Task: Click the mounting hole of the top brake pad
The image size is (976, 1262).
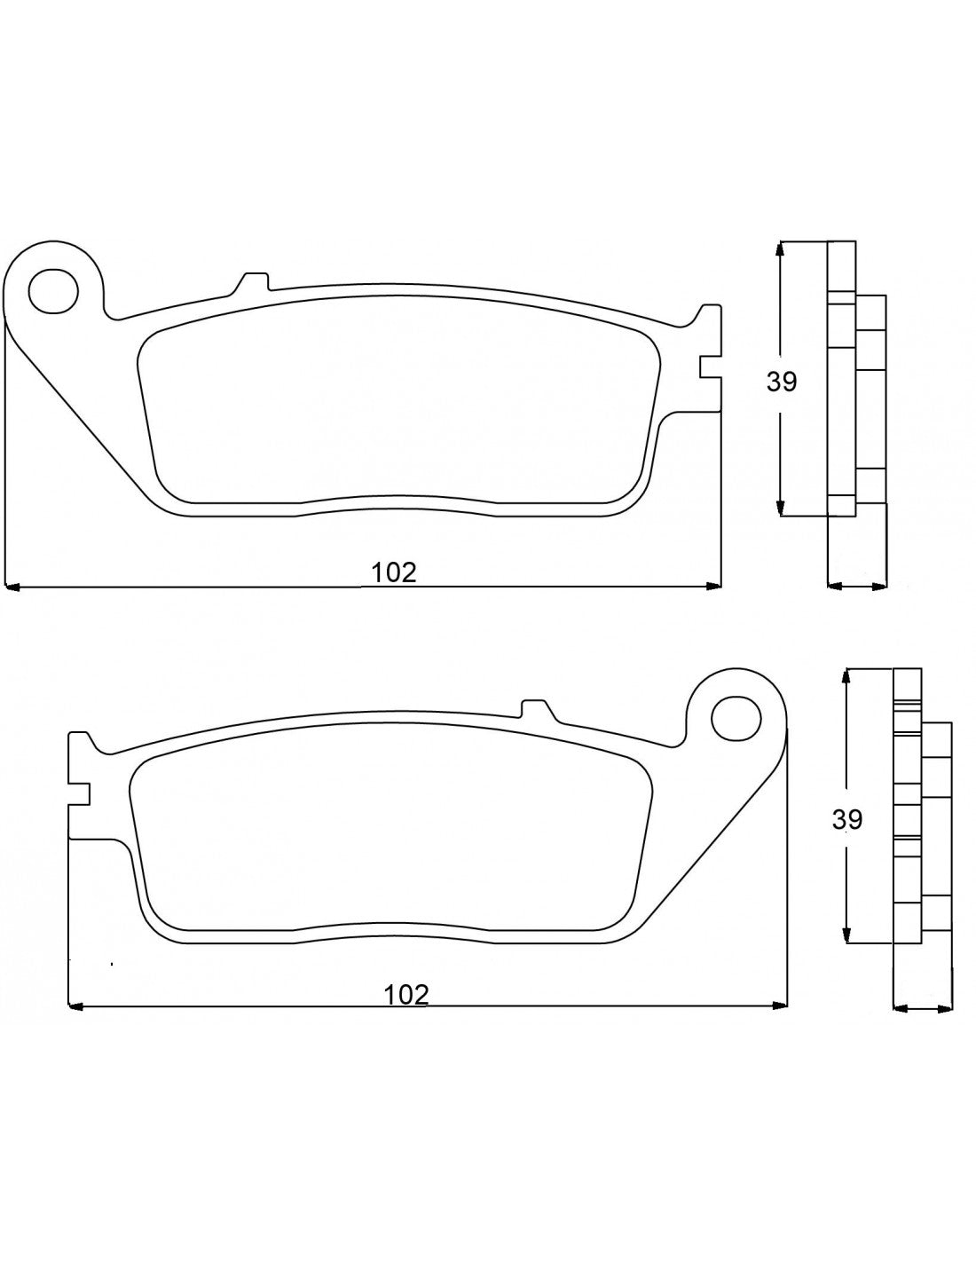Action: (x=52, y=289)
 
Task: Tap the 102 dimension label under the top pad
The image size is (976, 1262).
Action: (x=394, y=572)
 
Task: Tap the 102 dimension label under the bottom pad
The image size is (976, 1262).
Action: (x=406, y=995)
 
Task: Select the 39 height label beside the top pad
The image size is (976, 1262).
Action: (x=782, y=382)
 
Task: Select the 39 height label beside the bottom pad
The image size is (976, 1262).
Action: (x=847, y=819)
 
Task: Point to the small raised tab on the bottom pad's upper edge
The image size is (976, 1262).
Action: (x=535, y=708)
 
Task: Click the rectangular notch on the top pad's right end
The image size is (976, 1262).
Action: (x=709, y=367)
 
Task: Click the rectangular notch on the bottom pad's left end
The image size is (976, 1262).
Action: (x=79, y=793)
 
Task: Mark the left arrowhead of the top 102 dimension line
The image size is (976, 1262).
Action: (x=12, y=586)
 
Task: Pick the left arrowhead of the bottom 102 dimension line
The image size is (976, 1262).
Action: (x=76, y=1006)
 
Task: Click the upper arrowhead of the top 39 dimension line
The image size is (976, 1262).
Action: (x=781, y=248)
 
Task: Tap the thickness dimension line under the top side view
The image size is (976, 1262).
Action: (x=856, y=586)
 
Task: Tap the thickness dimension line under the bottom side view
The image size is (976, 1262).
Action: (x=923, y=1008)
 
